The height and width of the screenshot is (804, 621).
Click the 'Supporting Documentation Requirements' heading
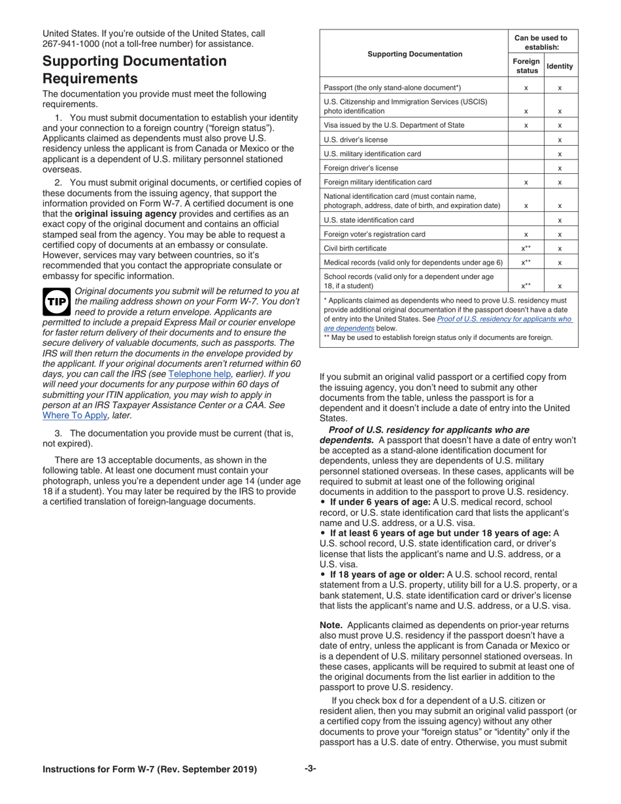point(135,70)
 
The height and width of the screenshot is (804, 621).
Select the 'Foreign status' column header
point(526,66)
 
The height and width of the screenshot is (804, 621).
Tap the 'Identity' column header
point(560,66)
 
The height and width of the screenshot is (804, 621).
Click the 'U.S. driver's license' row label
point(356,140)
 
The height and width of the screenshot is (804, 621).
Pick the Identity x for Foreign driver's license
point(560,168)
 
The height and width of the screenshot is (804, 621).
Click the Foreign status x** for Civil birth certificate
point(526,248)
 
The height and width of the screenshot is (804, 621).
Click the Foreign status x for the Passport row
point(526,88)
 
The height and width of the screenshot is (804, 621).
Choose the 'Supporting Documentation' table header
point(414,54)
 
